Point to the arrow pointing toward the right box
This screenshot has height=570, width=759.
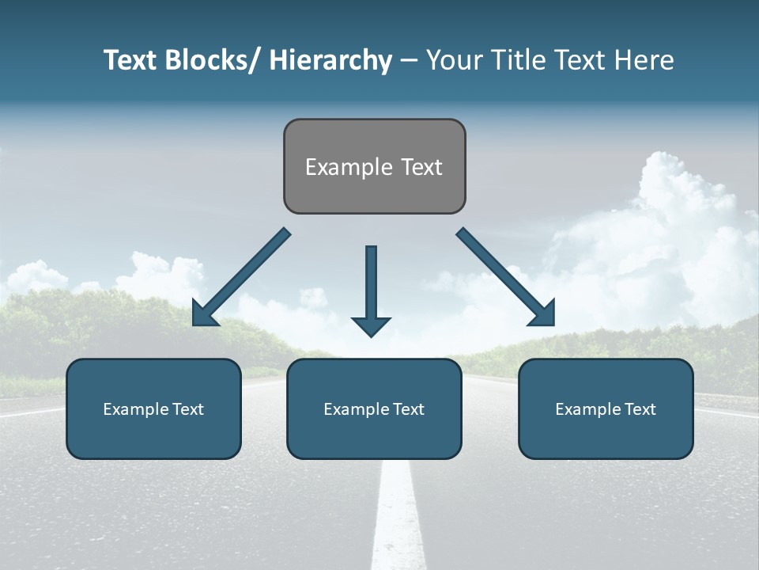[506, 277]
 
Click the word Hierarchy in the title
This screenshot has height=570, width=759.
[330, 60]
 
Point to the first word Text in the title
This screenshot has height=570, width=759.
[131, 60]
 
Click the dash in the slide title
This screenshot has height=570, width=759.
[409, 61]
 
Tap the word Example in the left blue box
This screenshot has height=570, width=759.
[136, 409]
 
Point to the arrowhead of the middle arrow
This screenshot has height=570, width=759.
[371, 325]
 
